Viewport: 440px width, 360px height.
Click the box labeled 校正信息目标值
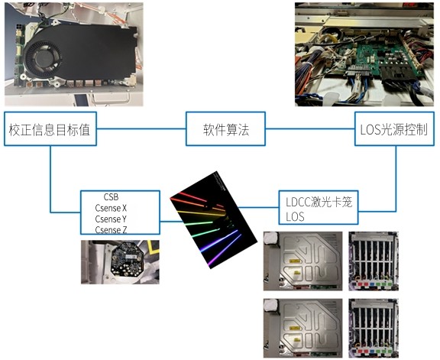[x=50, y=129]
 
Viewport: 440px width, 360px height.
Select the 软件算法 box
[x=225, y=129]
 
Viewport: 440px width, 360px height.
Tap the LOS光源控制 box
[x=394, y=129]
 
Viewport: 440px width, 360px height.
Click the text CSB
[x=111, y=197]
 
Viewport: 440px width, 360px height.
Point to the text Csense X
[x=111, y=208]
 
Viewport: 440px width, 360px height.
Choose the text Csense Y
[x=111, y=219]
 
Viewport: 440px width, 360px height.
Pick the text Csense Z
[x=111, y=230]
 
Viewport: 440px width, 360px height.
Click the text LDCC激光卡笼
[x=319, y=202]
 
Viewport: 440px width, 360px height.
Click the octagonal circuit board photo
[x=120, y=262]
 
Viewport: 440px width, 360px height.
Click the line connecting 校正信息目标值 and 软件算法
[x=141, y=129]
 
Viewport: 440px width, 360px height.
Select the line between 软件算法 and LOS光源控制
[x=310, y=129]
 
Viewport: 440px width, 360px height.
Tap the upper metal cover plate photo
[x=302, y=261]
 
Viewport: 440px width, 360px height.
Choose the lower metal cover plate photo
[x=302, y=328]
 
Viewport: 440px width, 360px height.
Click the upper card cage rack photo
[x=374, y=261]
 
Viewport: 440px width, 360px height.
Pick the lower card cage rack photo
[x=374, y=328]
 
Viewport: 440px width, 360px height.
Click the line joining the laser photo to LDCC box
[x=259, y=208]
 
